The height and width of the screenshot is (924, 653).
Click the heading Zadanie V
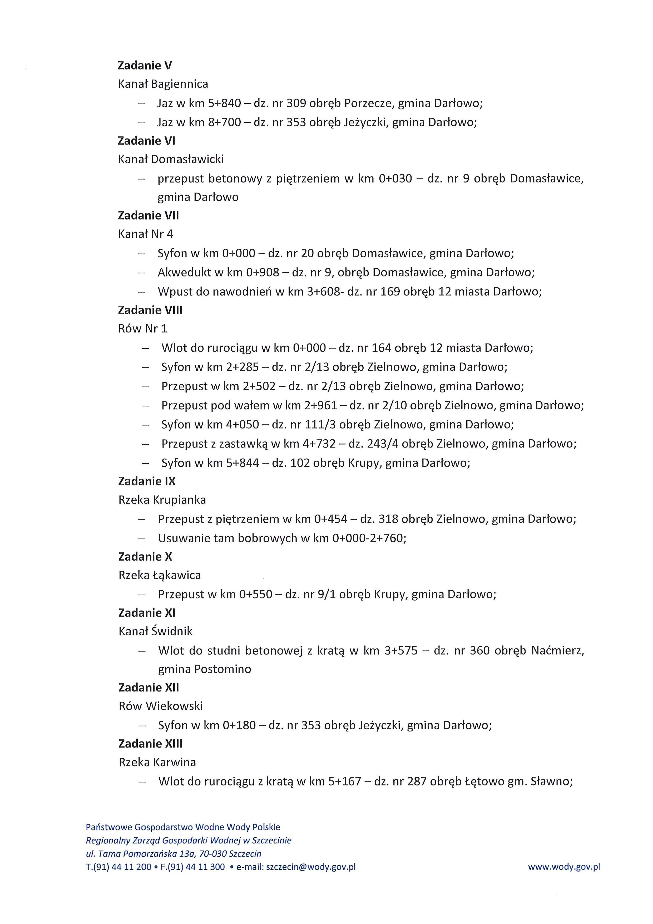145,65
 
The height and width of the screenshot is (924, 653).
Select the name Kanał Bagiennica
163,84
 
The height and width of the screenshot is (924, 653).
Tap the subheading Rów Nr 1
142,329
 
